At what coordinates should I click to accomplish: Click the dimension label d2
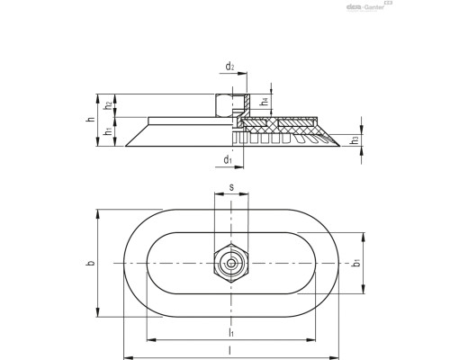[x=230, y=66]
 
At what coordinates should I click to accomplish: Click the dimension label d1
[x=228, y=160]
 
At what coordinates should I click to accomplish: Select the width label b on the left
[x=89, y=263]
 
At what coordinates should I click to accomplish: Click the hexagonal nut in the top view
[x=231, y=263]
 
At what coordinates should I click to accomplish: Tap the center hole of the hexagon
[x=231, y=263]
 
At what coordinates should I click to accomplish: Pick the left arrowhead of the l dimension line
[x=126, y=354]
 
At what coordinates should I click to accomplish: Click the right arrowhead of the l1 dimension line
[x=314, y=340]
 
